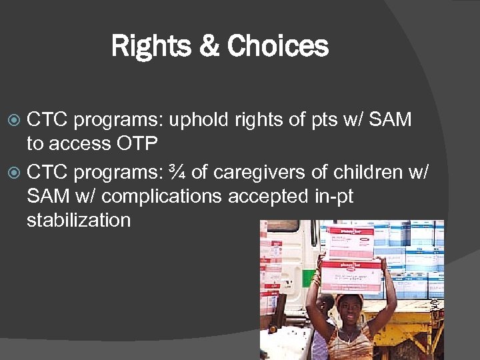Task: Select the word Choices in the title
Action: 277,47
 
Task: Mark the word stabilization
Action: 79,220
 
